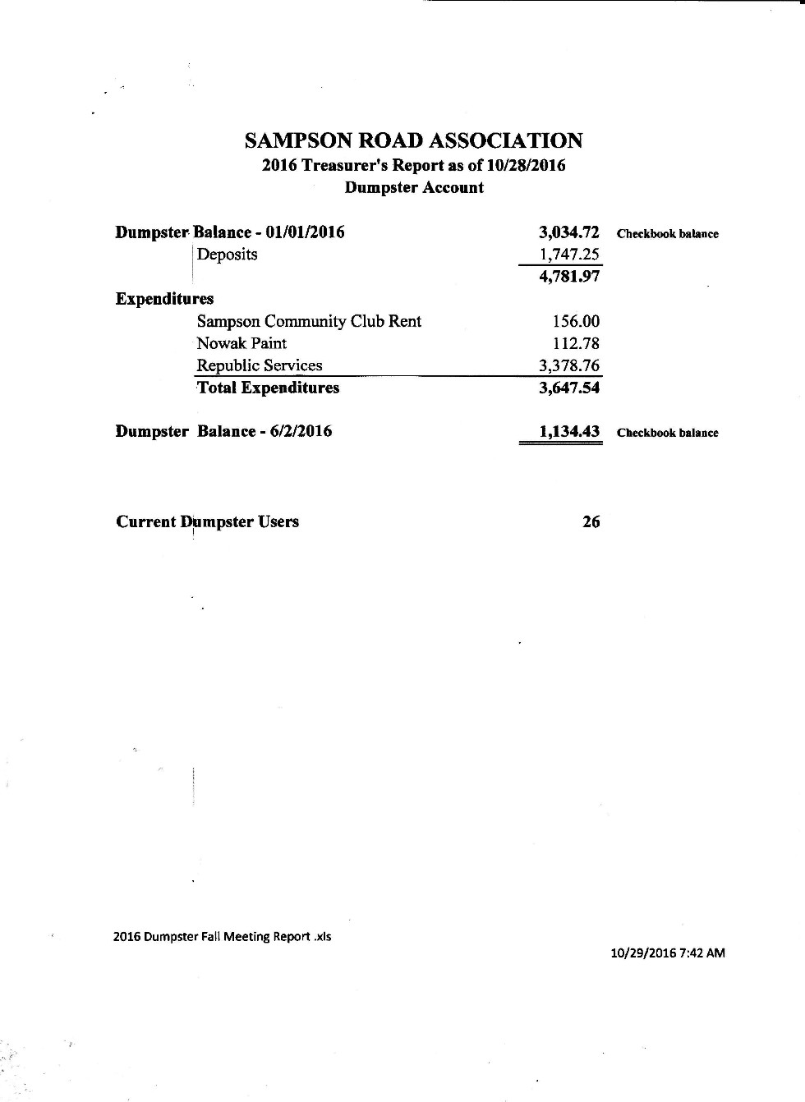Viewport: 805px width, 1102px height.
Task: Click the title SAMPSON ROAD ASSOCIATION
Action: (413, 141)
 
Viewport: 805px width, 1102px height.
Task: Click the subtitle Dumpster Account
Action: (414, 188)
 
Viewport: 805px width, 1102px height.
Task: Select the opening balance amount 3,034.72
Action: (569, 232)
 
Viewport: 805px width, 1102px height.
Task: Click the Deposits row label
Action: (228, 255)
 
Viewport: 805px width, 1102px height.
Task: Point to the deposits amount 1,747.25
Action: (569, 255)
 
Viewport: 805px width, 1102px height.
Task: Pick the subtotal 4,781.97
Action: (569, 277)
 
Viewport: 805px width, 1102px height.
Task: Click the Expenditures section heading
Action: (164, 299)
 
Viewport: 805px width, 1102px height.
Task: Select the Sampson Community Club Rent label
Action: (309, 321)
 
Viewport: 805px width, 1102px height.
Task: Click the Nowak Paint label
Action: (241, 343)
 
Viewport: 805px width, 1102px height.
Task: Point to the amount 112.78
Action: (576, 343)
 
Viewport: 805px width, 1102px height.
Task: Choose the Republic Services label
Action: (260, 365)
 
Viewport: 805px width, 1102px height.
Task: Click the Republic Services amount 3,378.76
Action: (569, 365)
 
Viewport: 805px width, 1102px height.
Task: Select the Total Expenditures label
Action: (268, 388)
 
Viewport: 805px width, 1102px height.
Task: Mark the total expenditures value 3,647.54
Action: (569, 388)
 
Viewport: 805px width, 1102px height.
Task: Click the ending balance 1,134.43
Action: (569, 431)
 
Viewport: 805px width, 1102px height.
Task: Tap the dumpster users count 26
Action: (591, 521)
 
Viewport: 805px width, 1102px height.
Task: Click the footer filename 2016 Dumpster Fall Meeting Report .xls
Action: (223, 936)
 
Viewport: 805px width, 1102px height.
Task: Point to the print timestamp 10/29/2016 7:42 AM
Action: (668, 953)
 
